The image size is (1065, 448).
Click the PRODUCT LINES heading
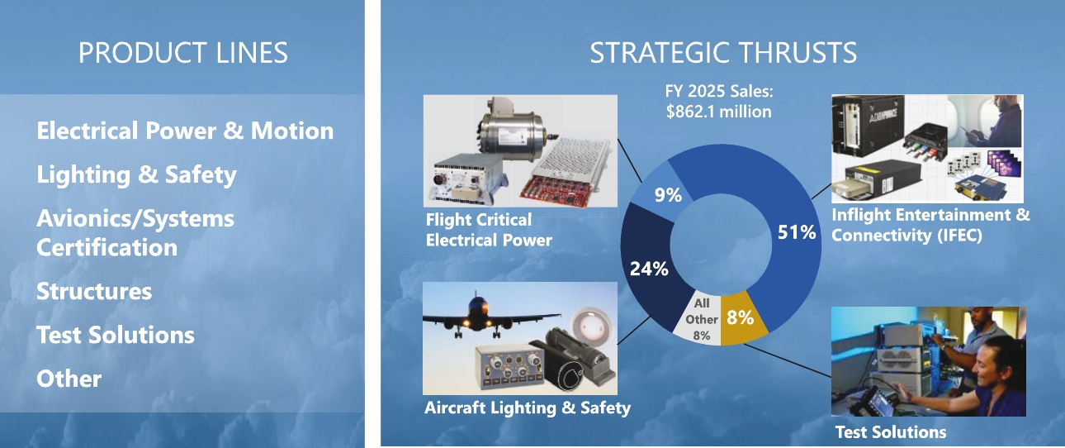pos(182,53)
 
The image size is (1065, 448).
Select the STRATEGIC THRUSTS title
pos(722,53)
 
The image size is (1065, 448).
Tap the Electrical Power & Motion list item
pos(185,131)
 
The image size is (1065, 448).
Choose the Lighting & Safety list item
pos(136,175)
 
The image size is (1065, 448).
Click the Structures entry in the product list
pos(94,291)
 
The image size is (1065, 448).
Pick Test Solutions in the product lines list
pos(116,335)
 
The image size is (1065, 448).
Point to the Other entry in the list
pos(69,379)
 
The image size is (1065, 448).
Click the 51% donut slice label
pos(797,232)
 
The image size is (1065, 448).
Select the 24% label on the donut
pos(649,269)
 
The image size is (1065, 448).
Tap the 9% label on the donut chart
pos(667,195)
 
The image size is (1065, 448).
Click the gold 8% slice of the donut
pos(740,316)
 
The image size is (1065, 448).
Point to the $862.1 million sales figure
pos(718,112)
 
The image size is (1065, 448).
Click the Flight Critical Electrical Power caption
pos(489,230)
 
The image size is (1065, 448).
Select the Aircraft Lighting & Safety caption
pos(528,407)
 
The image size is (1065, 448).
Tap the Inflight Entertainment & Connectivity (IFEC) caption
pos(930,225)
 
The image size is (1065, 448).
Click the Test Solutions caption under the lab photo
pos(891,431)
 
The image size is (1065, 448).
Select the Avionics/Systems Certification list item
pos(135,233)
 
